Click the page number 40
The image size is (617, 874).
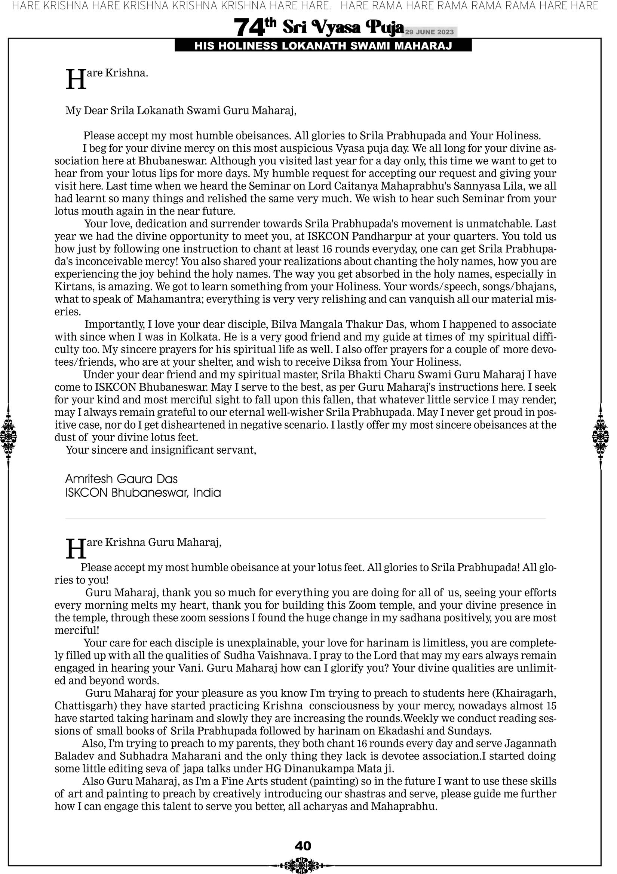click(303, 846)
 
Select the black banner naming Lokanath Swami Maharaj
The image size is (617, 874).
click(323, 46)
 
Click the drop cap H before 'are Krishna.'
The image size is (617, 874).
click(76, 80)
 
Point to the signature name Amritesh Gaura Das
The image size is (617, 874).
click(122, 479)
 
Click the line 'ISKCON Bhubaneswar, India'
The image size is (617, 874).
click(143, 493)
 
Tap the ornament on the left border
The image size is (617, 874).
click(8, 436)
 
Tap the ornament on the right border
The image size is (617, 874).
click(601, 436)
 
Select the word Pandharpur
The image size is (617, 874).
click(381, 237)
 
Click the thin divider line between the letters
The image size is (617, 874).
click(305, 518)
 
